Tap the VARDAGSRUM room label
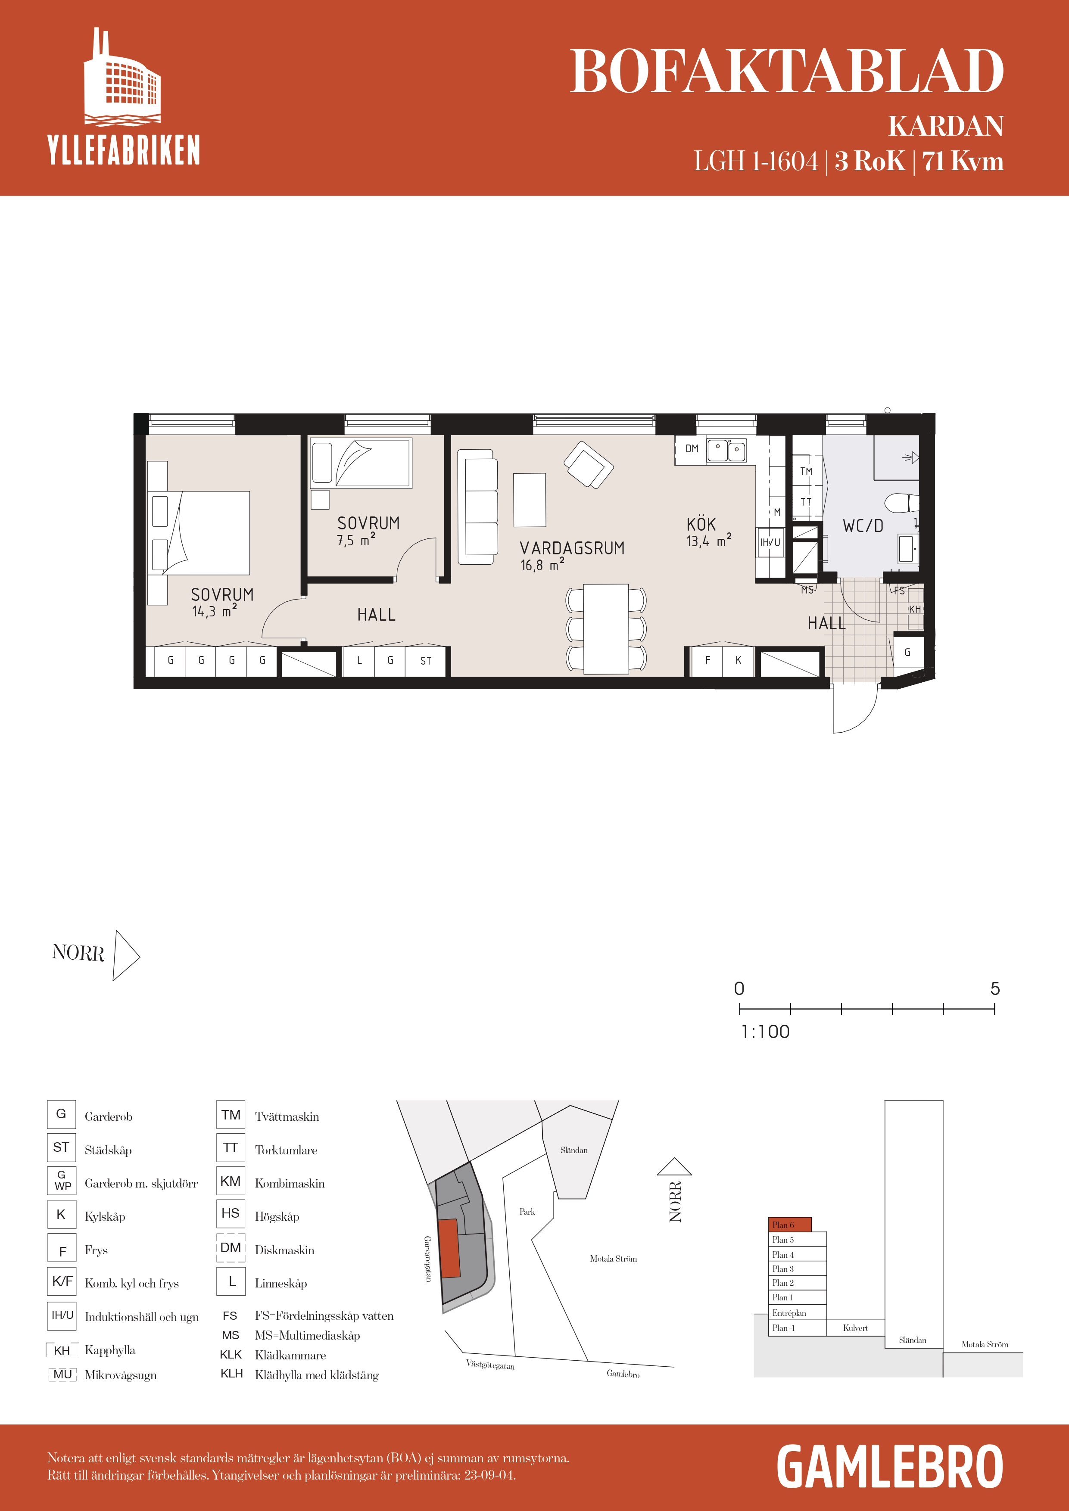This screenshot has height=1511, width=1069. click(x=572, y=548)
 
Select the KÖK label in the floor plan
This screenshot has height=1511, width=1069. click(x=701, y=525)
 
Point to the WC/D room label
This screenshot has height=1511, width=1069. click(x=863, y=526)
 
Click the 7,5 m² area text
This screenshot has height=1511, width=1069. click(x=356, y=540)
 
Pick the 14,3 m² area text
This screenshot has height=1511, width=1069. click(x=215, y=611)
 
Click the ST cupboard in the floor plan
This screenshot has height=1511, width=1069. click(x=426, y=661)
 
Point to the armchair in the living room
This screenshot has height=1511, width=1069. click(x=589, y=465)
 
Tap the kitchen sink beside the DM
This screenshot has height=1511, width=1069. click(x=727, y=451)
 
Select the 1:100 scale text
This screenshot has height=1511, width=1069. click(x=765, y=1032)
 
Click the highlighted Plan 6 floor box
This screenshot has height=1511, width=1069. click(x=790, y=1225)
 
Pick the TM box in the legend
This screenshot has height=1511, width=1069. click(x=231, y=1115)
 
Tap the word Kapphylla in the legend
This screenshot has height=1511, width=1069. click(x=110, y=1350)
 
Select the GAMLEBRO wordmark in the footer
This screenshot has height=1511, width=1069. click(x=890, y=1467)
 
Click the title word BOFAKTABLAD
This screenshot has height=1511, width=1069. click(x=787, y=71)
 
